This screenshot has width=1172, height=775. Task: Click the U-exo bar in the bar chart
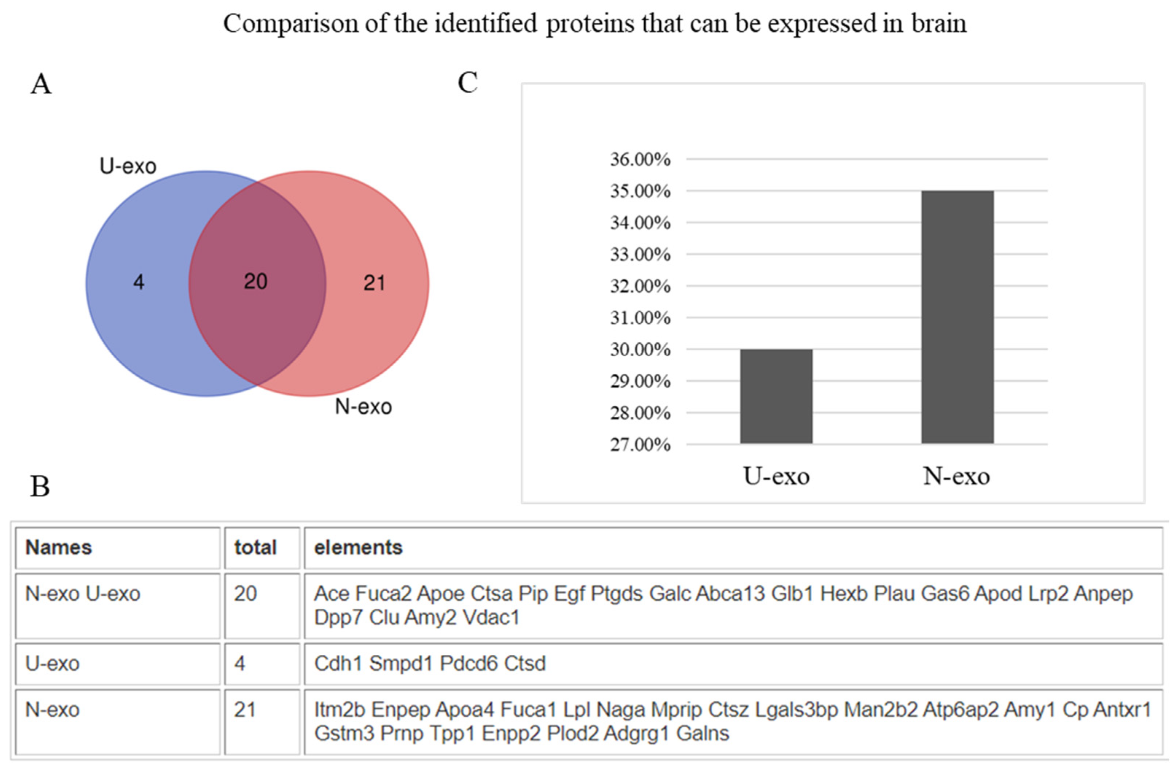(x=776, y=396)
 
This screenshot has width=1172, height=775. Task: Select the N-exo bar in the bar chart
(x=957, y=317)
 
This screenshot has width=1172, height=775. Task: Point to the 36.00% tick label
(x=640, y=159)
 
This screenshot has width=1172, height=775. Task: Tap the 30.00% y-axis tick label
(x=640, y=350)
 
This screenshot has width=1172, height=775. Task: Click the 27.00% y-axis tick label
(x=640, y=444)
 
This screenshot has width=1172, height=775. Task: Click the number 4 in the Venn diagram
(x=139, y=282)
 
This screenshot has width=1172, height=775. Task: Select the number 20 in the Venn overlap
(x=255, y=281)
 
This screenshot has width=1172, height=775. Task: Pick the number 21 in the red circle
(x=374, y=283)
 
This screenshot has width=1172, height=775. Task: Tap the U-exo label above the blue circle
(x=128, y=166)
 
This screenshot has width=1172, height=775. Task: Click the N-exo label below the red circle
(x=363, y=407)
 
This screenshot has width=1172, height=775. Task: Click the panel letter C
(x=468, y=82)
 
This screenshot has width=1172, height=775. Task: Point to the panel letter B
(x=40, y=486)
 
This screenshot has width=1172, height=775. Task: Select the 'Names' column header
(x=58, y=548)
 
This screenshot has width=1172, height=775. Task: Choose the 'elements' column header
(x=358, y=548)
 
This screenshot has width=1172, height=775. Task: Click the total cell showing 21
(x=245, y=710)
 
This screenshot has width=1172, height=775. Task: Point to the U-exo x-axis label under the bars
(x=776, y=476)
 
